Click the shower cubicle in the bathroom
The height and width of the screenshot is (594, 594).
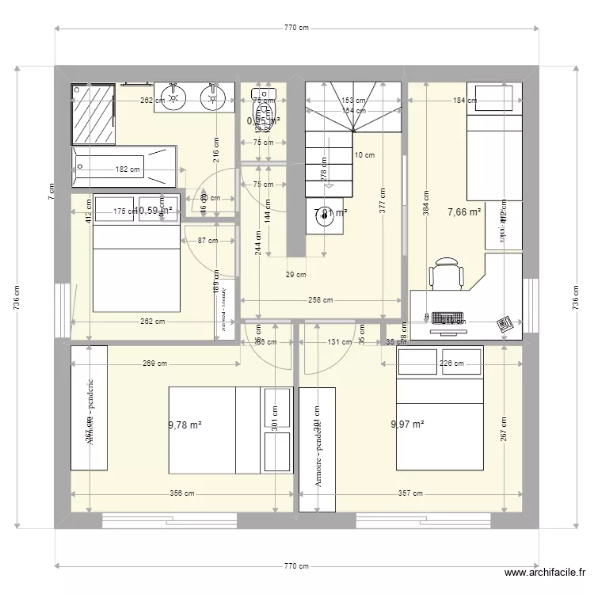(93, 111)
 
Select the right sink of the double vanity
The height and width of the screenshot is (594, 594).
(211, 97)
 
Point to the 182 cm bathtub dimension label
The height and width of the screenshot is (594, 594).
(128, 169)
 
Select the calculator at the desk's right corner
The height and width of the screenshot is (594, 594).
(504, 323)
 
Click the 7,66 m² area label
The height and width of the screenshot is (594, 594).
(464, 212)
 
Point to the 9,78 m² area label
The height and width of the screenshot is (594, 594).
(185, 425)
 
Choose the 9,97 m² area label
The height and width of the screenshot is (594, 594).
(408, 425)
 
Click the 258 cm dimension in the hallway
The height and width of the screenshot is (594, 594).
(320, 300)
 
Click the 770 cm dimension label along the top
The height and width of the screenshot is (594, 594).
(296, 28)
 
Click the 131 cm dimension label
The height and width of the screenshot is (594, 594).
(340, 342)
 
